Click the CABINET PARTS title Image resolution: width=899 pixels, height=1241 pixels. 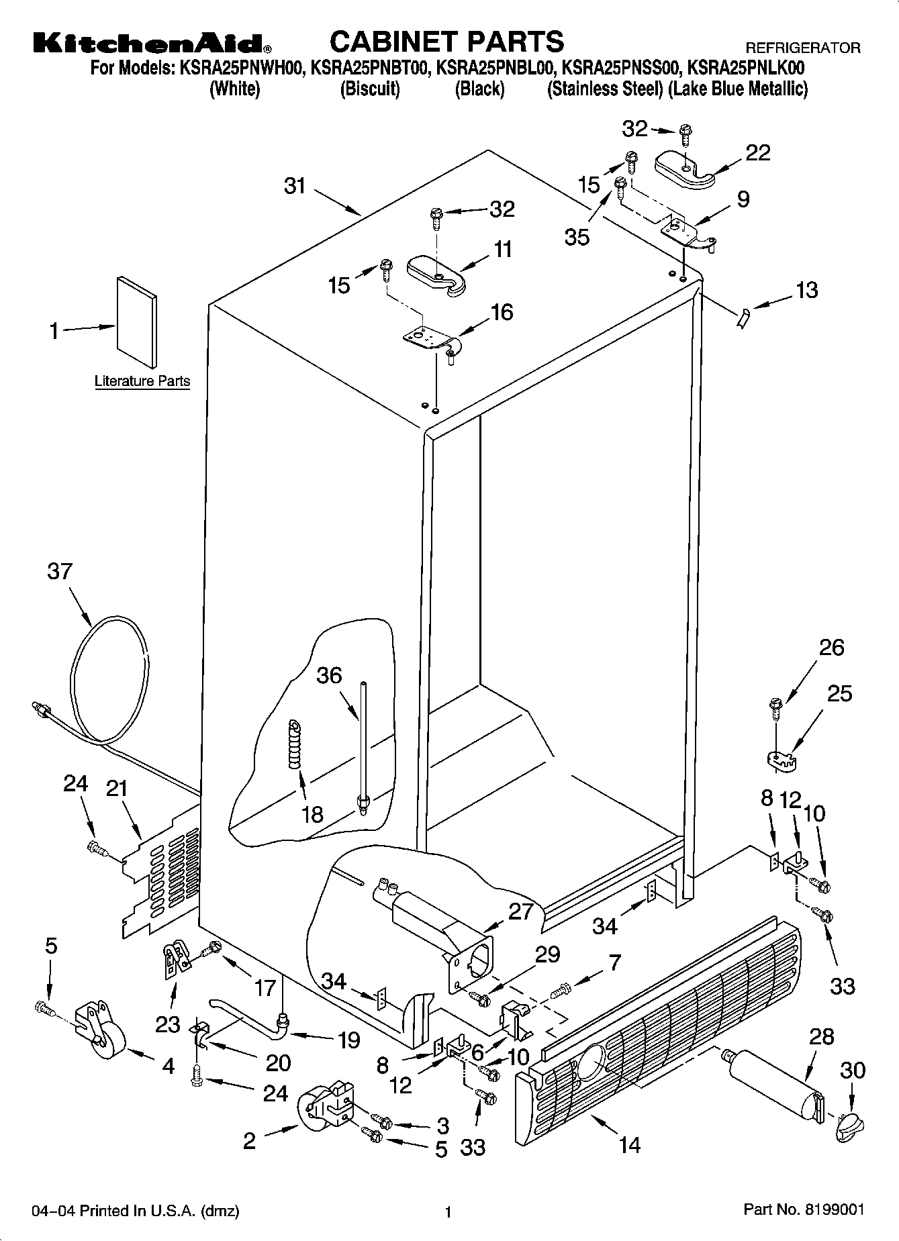coord(446,42)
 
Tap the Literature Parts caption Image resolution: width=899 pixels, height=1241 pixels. coord(142,382)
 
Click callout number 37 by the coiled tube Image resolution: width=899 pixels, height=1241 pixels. coord(60,571)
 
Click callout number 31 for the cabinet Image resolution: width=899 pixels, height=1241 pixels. coord(295,186)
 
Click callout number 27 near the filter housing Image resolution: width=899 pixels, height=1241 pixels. coord(520,911)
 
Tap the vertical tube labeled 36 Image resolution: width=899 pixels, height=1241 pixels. coord(363,745)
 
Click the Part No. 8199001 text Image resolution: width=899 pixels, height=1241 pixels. coord(803,1209)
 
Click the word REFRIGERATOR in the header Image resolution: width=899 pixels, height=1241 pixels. coord(803,48)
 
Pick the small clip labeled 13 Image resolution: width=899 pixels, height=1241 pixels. coord(743,316)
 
